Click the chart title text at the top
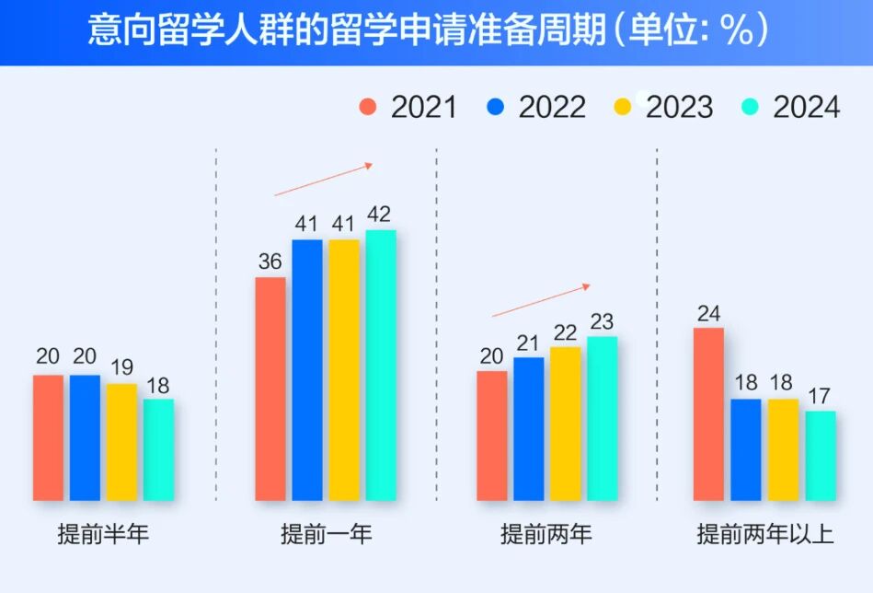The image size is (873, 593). (x=428, y=31)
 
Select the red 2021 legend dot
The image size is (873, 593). (x=369, y=107)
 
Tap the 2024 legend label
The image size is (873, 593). (x=806, y=107)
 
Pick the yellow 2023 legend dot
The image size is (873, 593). (x=623, y=107)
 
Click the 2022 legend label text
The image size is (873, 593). (x=552, y=107)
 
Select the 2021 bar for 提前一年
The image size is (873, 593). (x=270, y=389)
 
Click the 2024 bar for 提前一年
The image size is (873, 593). (x=381, y=365)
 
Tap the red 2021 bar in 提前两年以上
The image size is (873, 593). (x=708, y=414)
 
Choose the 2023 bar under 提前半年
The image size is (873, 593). (x=121, y=442)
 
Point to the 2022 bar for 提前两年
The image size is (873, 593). (x=529, y=429)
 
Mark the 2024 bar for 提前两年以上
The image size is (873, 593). (x=821, y=456)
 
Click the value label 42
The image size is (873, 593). (x=379, y=215)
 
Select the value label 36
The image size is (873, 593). (x=270, y=262)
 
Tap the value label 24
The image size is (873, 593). (x=708, y=313)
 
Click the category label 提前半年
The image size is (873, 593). (x=103, y=534)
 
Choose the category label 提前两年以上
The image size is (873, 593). (x=765, y=534)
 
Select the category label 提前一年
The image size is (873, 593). (x=327, y=534)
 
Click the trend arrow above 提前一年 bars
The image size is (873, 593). (x=323, y=180)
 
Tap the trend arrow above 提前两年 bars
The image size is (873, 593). (x=541, y=301)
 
